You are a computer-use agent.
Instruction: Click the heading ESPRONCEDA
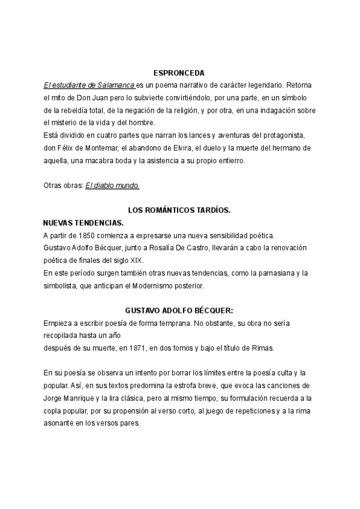179,72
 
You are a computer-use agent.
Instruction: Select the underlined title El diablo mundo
112,185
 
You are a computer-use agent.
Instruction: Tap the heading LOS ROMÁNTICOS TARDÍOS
179,211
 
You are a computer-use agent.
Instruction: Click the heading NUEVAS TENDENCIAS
83,223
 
